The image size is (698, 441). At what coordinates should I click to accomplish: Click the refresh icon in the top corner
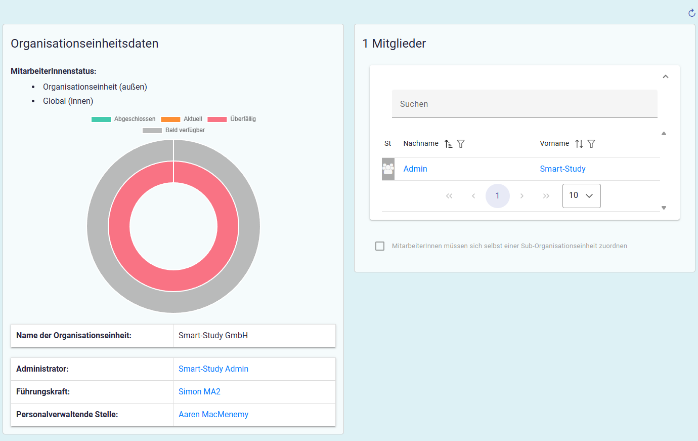[691, 13]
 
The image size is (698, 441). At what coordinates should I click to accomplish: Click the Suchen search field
[525, 104]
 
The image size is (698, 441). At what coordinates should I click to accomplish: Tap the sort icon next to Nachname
[448, 144]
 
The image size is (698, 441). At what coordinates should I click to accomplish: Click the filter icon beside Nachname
[461, 144]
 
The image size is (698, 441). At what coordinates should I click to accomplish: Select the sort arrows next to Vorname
[579, 144]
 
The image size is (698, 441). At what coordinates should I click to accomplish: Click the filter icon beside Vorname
[591, 144]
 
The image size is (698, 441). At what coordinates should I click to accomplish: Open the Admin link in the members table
[415, 169]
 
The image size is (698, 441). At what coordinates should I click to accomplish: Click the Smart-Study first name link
[562, 169]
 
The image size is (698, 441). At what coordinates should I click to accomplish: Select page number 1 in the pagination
[497, 196]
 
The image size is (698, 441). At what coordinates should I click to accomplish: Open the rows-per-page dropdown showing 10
[582, 196]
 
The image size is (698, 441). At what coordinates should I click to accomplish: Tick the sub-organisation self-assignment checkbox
[380, 246]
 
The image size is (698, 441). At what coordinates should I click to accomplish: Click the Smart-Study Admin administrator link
[213, 369]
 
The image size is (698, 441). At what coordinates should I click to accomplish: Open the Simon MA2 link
[199, 391]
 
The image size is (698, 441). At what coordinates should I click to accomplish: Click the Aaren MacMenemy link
[213, 414]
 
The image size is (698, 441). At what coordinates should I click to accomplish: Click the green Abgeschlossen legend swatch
[101, 119]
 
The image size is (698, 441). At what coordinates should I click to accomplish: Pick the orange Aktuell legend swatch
[170, 119]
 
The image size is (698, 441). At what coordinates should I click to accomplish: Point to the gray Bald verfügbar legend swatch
[152, 130]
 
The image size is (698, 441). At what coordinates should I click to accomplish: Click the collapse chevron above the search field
[666, 77]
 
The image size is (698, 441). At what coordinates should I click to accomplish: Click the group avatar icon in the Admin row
[388, 169]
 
